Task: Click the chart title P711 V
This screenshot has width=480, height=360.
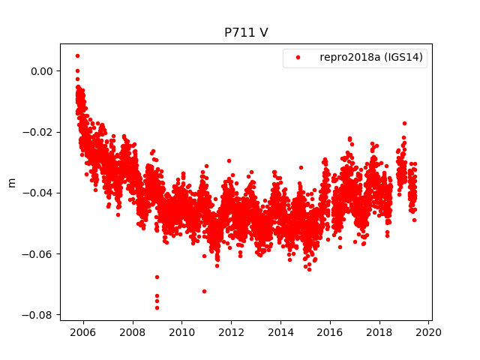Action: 246,33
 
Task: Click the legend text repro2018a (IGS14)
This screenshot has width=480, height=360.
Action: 373,58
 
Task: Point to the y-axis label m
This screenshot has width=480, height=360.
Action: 11,182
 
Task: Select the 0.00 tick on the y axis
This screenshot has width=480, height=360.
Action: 39,71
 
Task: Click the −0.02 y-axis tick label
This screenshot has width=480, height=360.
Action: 36,132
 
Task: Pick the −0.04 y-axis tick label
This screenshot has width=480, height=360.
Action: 36,193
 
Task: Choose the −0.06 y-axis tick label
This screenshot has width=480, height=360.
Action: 36,253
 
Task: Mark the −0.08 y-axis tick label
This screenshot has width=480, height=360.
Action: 36,315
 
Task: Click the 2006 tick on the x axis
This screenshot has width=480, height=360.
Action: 82,332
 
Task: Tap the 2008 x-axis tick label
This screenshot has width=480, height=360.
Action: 132,332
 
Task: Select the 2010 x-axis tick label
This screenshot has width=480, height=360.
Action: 181,332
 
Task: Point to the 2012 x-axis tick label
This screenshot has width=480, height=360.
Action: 231,332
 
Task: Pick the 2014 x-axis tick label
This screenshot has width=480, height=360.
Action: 280,332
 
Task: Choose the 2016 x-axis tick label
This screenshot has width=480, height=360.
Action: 330,332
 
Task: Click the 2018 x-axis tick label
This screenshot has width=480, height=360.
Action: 379,332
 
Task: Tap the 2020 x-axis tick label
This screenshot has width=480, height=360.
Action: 429,332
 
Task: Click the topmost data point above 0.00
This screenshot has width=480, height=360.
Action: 77,55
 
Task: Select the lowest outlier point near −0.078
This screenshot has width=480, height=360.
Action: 157,307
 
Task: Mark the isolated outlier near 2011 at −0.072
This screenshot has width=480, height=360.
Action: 204,291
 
